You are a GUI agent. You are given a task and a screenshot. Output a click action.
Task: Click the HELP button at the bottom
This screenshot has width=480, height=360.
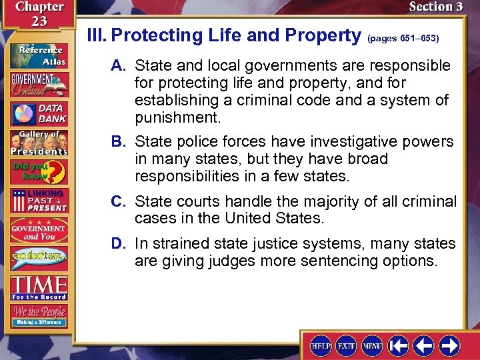[x=321, y=345]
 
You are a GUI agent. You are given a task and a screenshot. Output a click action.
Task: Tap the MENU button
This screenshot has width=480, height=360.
[x=372, y=345]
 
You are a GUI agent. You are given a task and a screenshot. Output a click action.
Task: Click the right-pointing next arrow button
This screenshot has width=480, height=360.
[x=449, y=345]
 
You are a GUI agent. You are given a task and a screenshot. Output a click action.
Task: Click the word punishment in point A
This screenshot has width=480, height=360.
[x=177, y=118]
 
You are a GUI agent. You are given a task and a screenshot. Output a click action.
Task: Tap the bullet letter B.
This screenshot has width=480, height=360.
[x=119, y=142]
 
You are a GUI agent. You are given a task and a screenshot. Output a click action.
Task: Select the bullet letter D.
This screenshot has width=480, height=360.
[x=119, y=243]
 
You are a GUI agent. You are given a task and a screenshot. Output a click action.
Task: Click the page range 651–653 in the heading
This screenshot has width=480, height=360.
[x=403, y=39]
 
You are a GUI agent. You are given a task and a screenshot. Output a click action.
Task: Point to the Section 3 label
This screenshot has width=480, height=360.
[x=435, y=7]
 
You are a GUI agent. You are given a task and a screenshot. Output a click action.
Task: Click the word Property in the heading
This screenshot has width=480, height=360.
[x=314, y=36]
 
